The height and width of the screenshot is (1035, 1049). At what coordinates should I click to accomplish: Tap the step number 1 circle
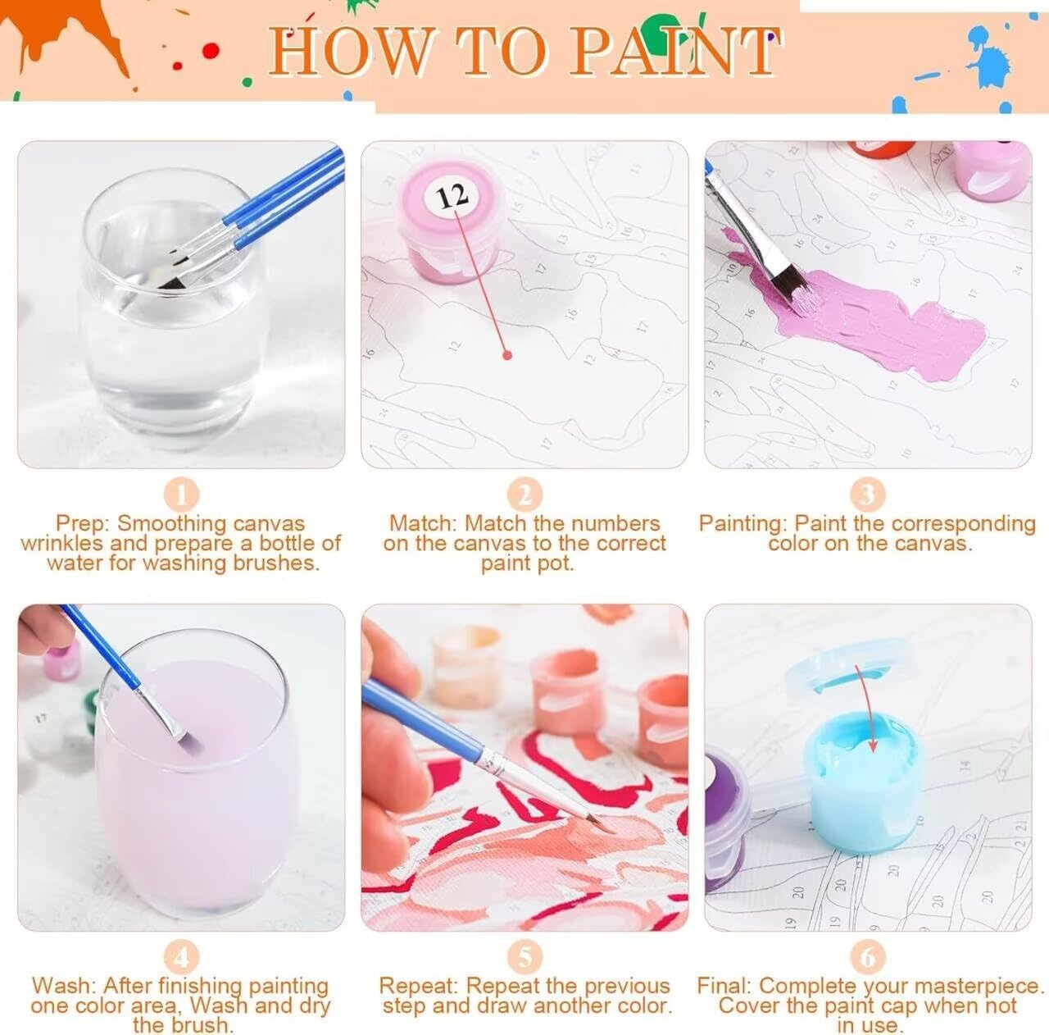point(181,495)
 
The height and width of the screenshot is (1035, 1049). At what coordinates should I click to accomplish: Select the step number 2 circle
point(524,495)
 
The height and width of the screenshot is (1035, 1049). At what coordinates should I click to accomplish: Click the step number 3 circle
point(868,495)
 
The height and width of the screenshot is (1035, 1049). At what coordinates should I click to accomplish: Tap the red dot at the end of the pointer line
point(507,355)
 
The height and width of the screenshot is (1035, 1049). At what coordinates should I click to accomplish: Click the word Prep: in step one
point(84,524)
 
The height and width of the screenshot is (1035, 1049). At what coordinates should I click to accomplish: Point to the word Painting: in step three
point(743,524)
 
